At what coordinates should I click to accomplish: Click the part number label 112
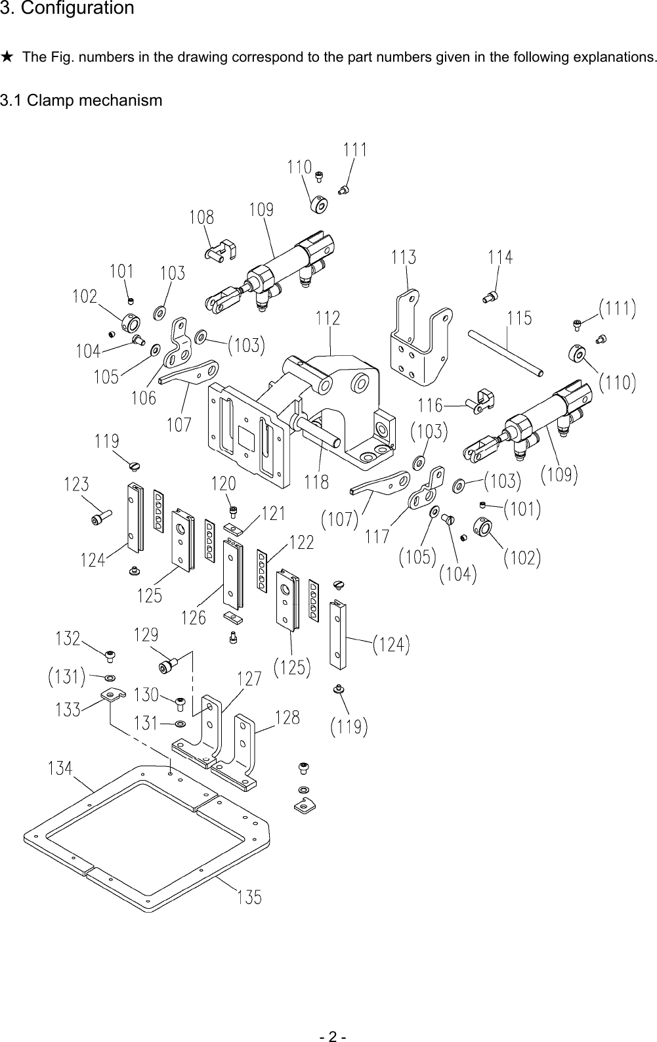pyautogui.click(x=328, y=318)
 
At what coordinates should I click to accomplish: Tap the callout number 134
pyautogui.click(x=60, y=767)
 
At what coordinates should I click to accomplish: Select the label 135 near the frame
pyautogui.click(x=249, y=896)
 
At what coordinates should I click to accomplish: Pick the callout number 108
pyautogui.click(x=201, y=217)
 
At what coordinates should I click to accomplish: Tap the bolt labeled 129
pyautogui.click(x=169, y=666)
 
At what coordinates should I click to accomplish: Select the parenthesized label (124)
pyautogui.click(x=391, y=645)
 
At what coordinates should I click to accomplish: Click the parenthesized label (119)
pyautogui.click(x=349, y=727)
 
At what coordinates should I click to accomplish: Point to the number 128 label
pyautogui.click(x=287, y=718)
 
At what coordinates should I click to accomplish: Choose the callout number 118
pyautogui.click(x=316, y=483)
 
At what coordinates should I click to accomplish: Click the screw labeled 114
pyautogui.click(x=489, y=297)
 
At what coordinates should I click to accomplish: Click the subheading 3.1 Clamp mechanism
pyautogui.click(x=81, y=100)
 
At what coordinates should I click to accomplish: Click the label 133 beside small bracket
pyautogui.click(x=68, y=710)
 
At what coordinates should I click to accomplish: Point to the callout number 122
pyautogui.click(x=301, y=542)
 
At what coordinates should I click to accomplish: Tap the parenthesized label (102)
pyautogui.click(x=522, y=558)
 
